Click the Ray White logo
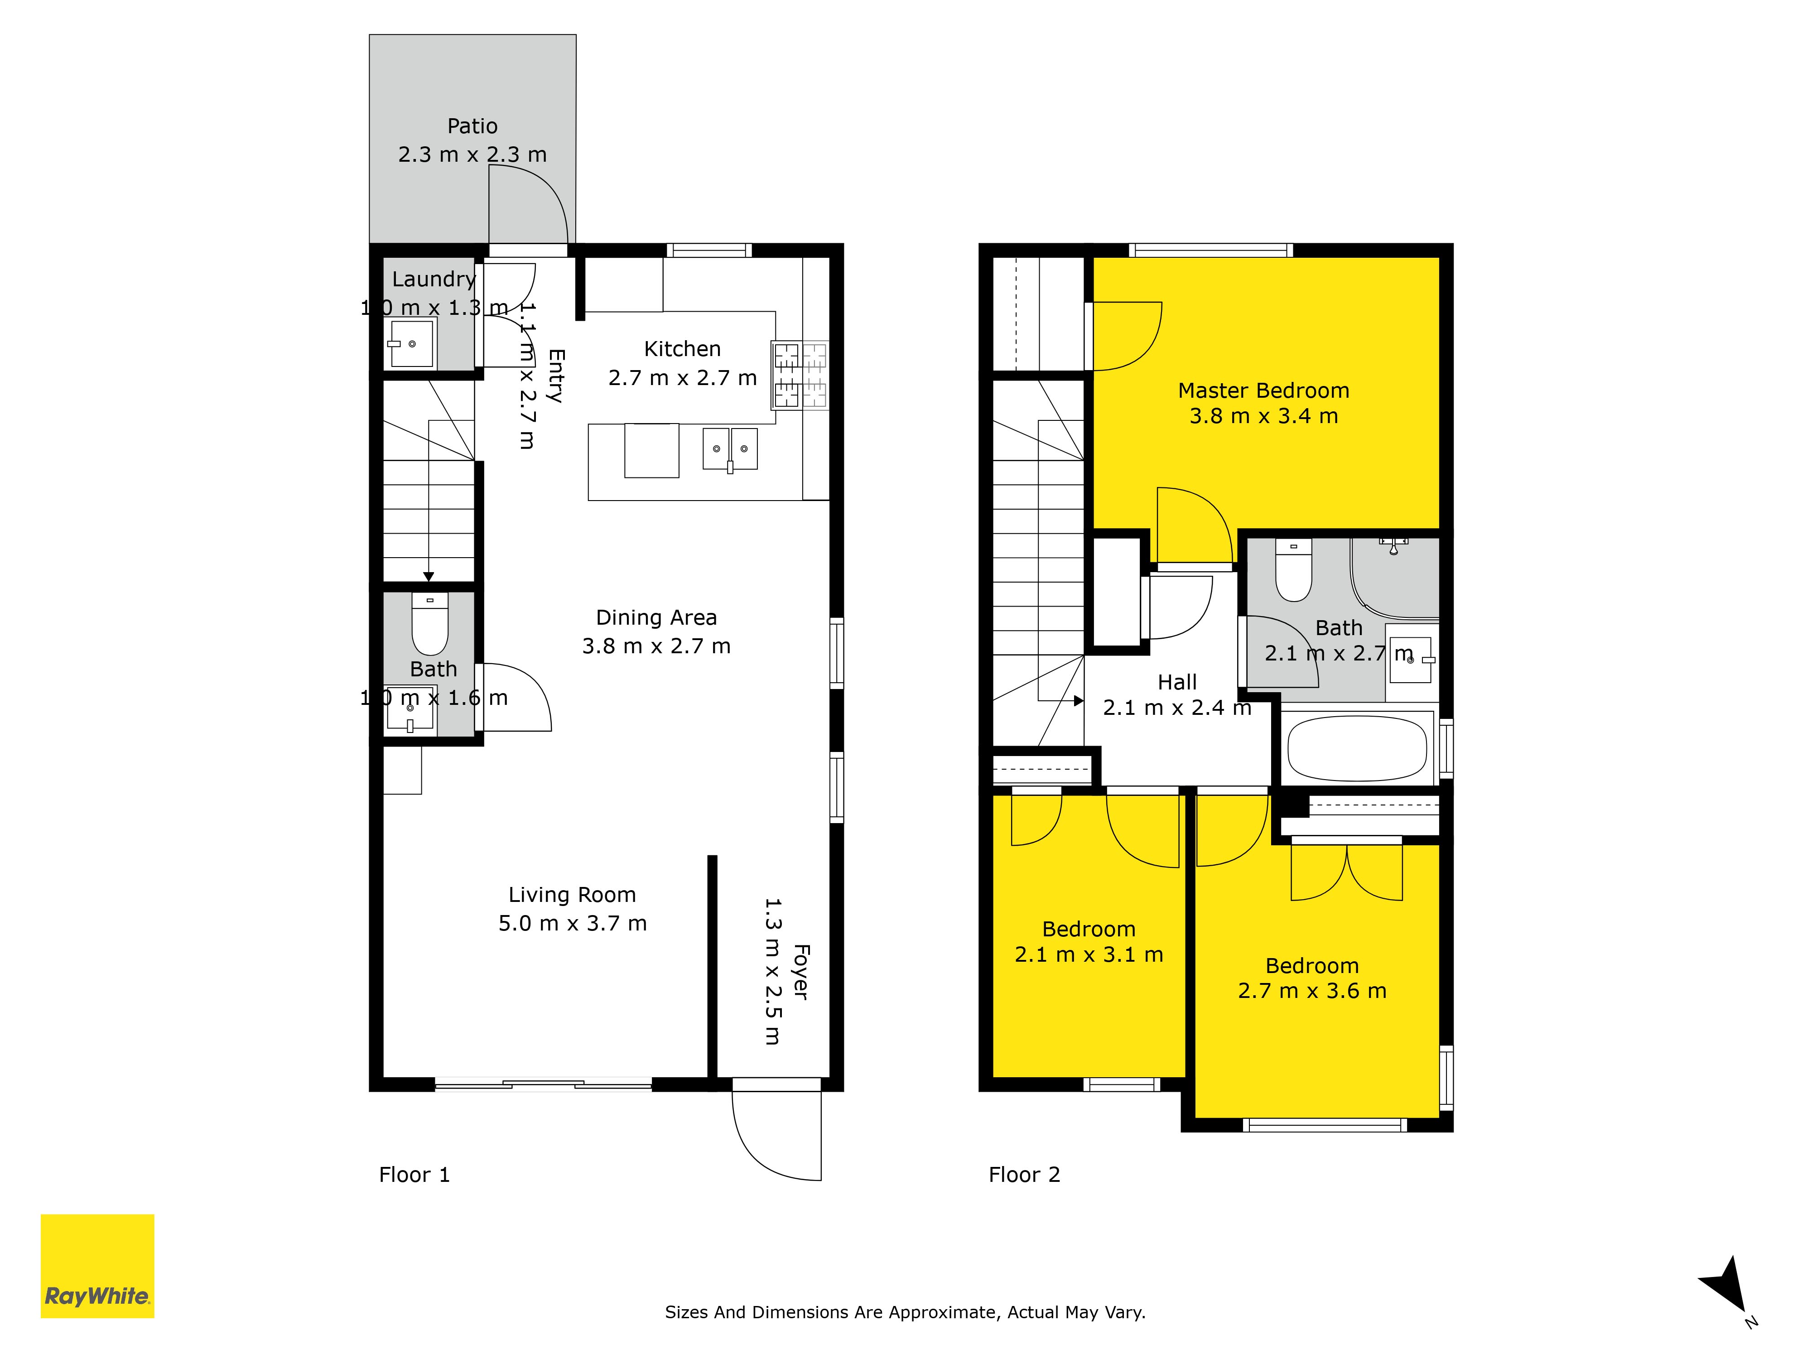97,1267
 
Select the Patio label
472,126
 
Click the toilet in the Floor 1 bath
429,624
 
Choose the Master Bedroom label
1263,391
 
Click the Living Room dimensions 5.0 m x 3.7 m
573,923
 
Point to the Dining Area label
656,617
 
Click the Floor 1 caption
414,1175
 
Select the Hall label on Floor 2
1177,682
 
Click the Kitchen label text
682,349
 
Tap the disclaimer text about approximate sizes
905,1312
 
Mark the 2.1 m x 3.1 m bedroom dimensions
1089,954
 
